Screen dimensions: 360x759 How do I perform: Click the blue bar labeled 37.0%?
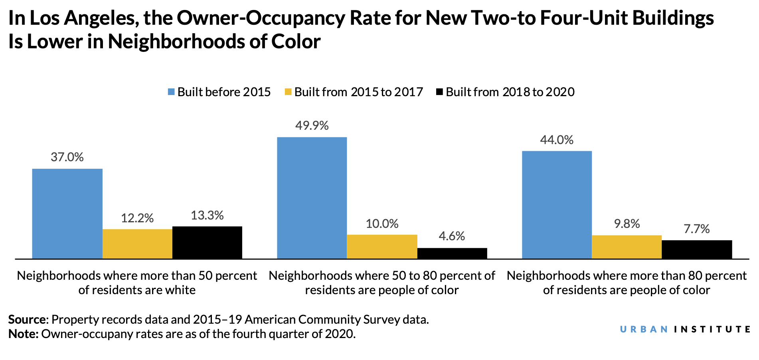click(x=67, y=214)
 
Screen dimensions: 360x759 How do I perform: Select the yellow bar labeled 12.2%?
click(x=137, y=244)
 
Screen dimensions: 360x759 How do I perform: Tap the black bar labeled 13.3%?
click(x=207, y=243)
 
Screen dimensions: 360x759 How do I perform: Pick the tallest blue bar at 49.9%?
click(x=312, y=198)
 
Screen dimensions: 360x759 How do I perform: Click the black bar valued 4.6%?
click(x=452, y=253)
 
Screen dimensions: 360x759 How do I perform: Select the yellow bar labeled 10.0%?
click(x=382, y=247)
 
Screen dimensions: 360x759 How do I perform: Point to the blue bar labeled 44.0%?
click(x=557, y=205)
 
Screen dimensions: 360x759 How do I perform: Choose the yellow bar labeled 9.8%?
click(x=627, y=247)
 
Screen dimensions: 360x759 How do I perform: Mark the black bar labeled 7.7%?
click(x=697, y=249)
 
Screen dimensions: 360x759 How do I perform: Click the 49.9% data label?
click(x=312, y=126)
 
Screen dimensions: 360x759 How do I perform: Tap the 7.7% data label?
click(x=697, y=229)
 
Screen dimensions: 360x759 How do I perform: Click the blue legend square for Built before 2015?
click(x=171, y=92)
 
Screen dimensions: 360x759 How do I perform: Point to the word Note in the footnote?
click(x=22, y=334)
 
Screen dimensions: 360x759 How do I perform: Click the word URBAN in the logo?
click(x=644, y=329)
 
